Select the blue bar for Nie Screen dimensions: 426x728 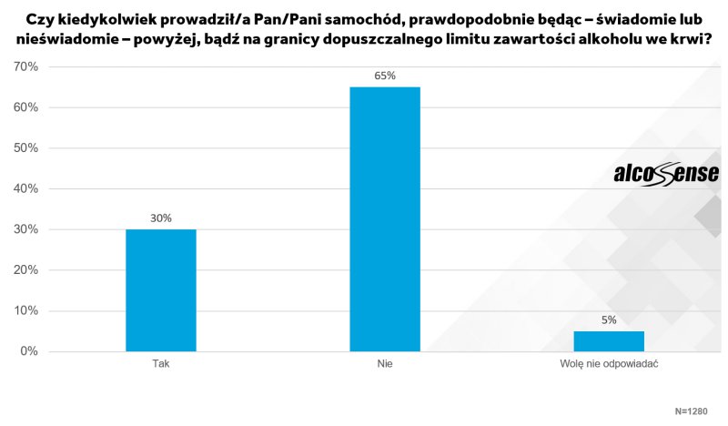tap(385, 218)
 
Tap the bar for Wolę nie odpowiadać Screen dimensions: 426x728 tap(609, 340)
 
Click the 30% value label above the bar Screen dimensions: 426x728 tap(161, 218)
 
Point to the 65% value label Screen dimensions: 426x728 tap(385, 76)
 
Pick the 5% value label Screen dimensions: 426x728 tap(609, 319)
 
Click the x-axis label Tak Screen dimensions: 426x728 tap(161, 363)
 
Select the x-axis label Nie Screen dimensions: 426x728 tap(385, 363)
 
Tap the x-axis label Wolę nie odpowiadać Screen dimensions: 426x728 tap(609, 363)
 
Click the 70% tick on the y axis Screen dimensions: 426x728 tap(25, 67)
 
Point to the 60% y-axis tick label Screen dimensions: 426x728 tap(25, 107)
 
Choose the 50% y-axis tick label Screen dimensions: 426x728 tap(25, 148)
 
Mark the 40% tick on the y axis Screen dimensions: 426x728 tap(25, 189)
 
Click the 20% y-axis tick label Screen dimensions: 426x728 tap(25, 270)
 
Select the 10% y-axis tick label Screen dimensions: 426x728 tap(25, 311)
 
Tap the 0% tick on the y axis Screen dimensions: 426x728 tap(28, 351)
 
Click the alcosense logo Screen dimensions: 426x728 tap(666, 174)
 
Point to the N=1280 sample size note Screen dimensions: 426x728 tap(691, 411)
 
